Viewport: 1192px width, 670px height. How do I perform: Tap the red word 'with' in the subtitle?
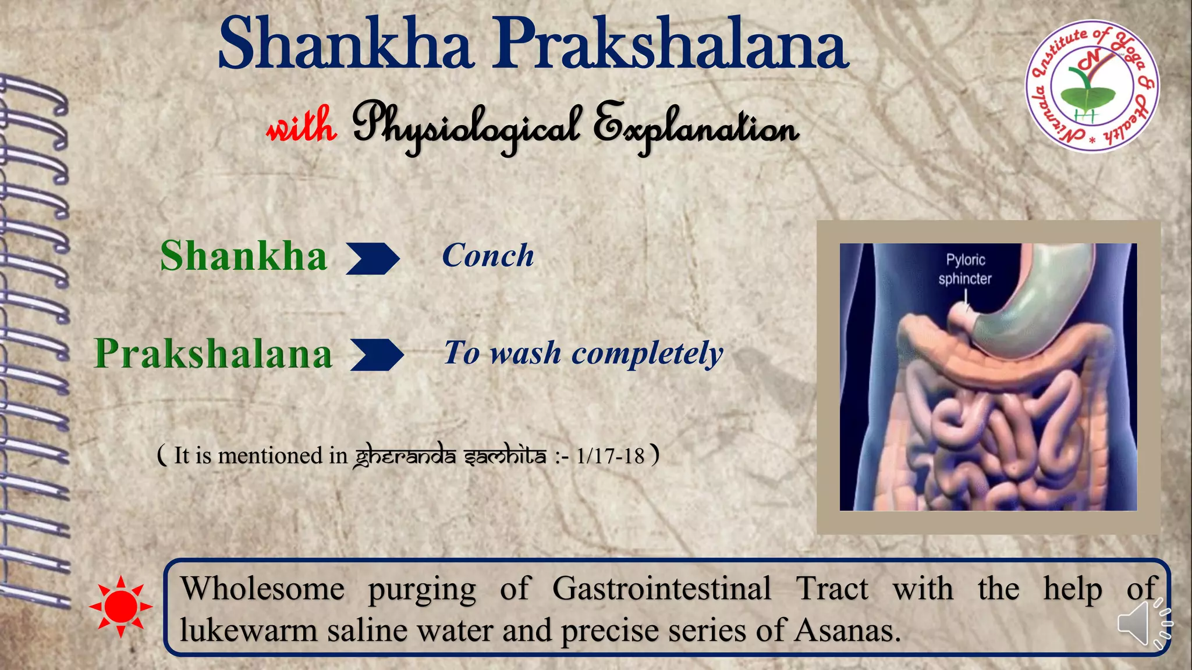click(x=301, y=124)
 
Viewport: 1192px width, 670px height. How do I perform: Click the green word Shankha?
click(x=243, y=256)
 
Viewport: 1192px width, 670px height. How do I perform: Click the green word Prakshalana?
click(x=213, y=354)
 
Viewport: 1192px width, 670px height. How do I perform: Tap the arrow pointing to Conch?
click(x=372, y=258)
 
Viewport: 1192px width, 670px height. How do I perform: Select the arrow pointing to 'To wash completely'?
click(x=377, y=355)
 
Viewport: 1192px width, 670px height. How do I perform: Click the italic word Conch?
click(x=488, y=256)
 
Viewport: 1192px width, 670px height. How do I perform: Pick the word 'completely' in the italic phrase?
click(x=647, y=354)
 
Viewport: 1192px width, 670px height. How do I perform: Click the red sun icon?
click(x=120, y=607)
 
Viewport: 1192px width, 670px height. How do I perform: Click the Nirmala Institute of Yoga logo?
click(x=1091, y=87)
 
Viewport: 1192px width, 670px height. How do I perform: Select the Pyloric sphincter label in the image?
click(x=964, y=269)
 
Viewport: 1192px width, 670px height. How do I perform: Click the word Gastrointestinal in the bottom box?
click(x=662, y=589)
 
